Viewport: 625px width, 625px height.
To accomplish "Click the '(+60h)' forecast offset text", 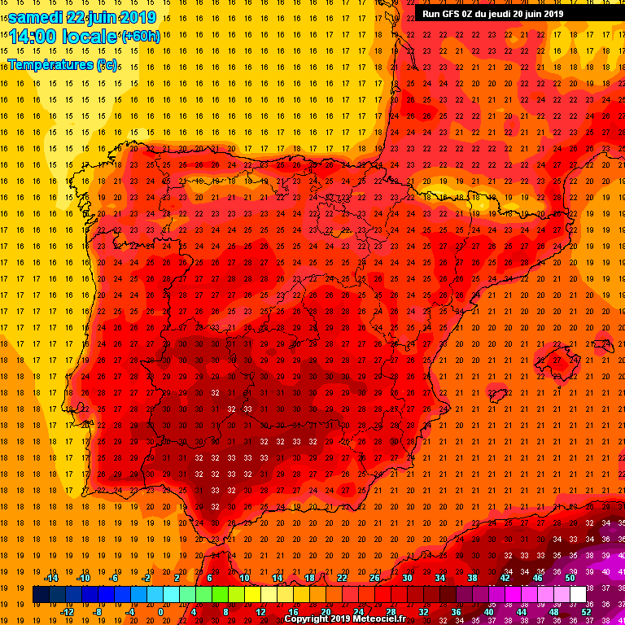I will [x=141, y=37].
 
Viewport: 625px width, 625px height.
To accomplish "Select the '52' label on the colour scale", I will [x=586, y=611].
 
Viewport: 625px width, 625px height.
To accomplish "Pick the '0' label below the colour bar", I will [x=160, y=611].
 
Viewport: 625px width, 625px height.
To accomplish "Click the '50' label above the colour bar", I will [x=570, y=578].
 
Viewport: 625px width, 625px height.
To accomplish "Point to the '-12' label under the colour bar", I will [x=67, y=611].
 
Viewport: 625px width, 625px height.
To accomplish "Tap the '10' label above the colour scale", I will [x=244, y=578].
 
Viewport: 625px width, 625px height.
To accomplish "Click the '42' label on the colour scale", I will [x=505, y=578].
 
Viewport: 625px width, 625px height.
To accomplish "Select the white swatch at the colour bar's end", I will [x=578, y=594].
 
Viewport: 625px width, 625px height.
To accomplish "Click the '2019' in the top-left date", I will [x=138, y=17].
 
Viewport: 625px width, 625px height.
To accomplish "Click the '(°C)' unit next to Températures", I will [x=107, y=64].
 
